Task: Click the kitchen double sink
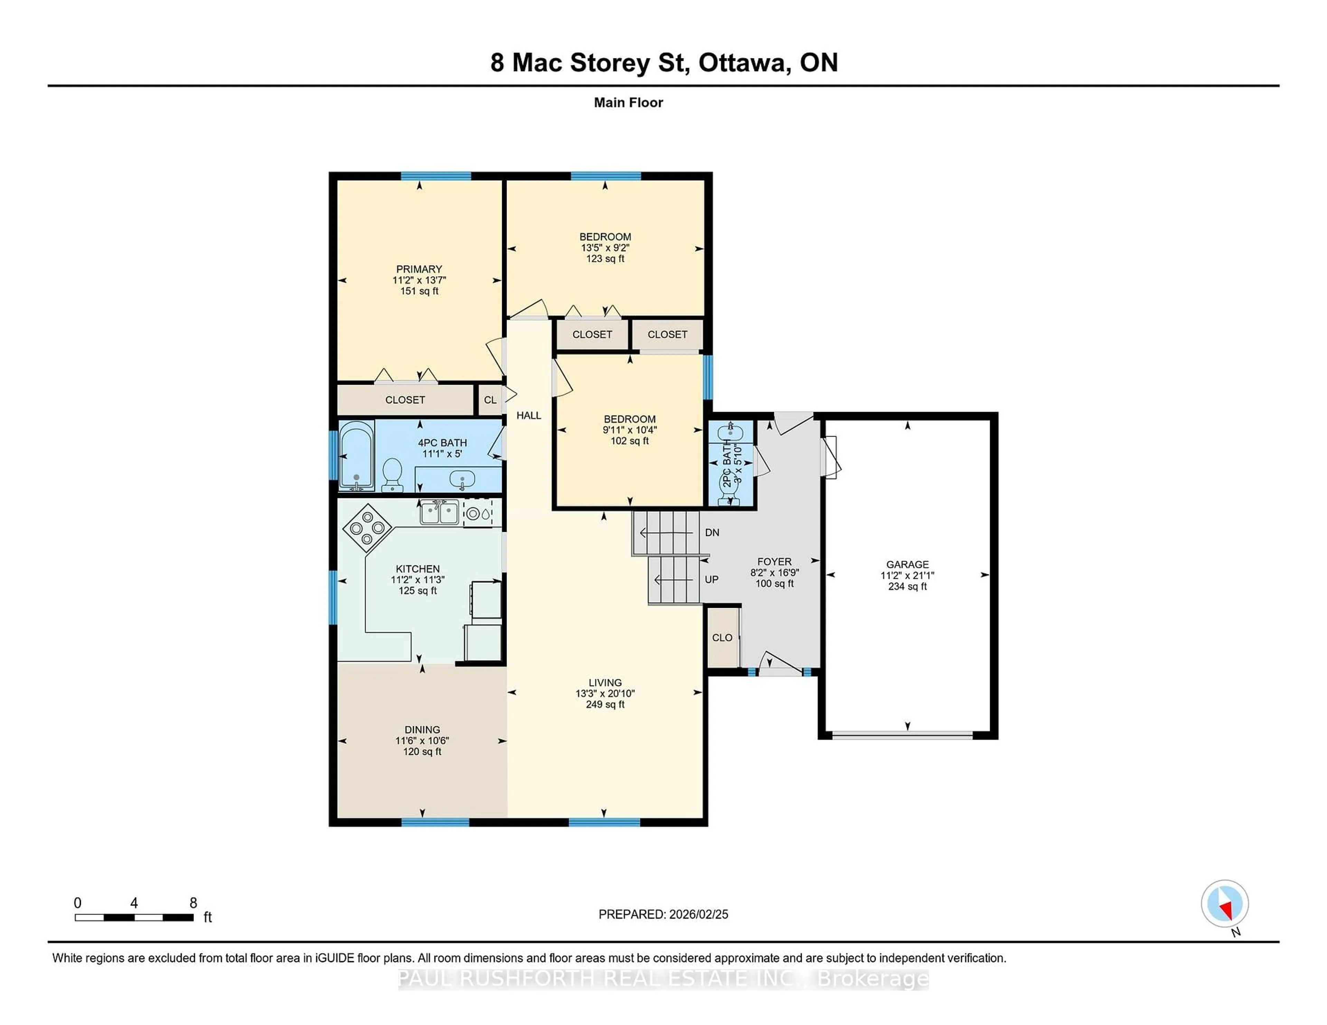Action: click(439, 512)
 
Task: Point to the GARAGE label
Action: click(907, 564)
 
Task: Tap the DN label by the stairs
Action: click(712, 533)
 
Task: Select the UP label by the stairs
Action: click(712, 579)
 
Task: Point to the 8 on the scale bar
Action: click(193, 903)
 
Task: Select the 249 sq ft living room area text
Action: click(605, 705)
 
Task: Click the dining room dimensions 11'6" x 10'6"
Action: click(422, 741)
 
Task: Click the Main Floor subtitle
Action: click(628, 103)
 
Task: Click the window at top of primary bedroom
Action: click(436, 176)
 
